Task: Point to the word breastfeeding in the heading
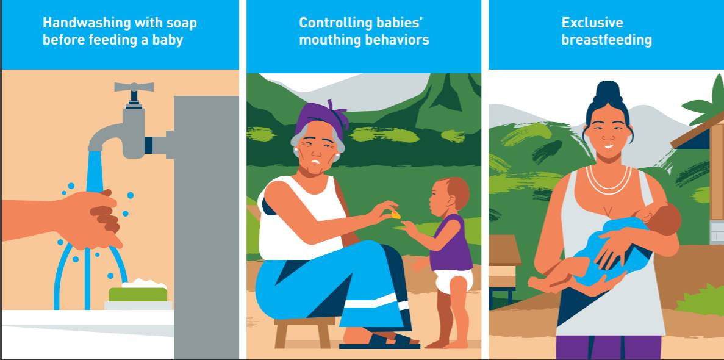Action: (x=606, y=40)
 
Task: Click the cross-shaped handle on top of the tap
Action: (x=134, y=87)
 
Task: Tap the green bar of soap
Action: (x=138, y=294)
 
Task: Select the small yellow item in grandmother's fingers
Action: (x=396, y=214)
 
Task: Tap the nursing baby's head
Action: (x=666, y=218)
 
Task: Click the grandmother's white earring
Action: (x=335, y=157)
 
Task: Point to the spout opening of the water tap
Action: (x=95, y=149)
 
